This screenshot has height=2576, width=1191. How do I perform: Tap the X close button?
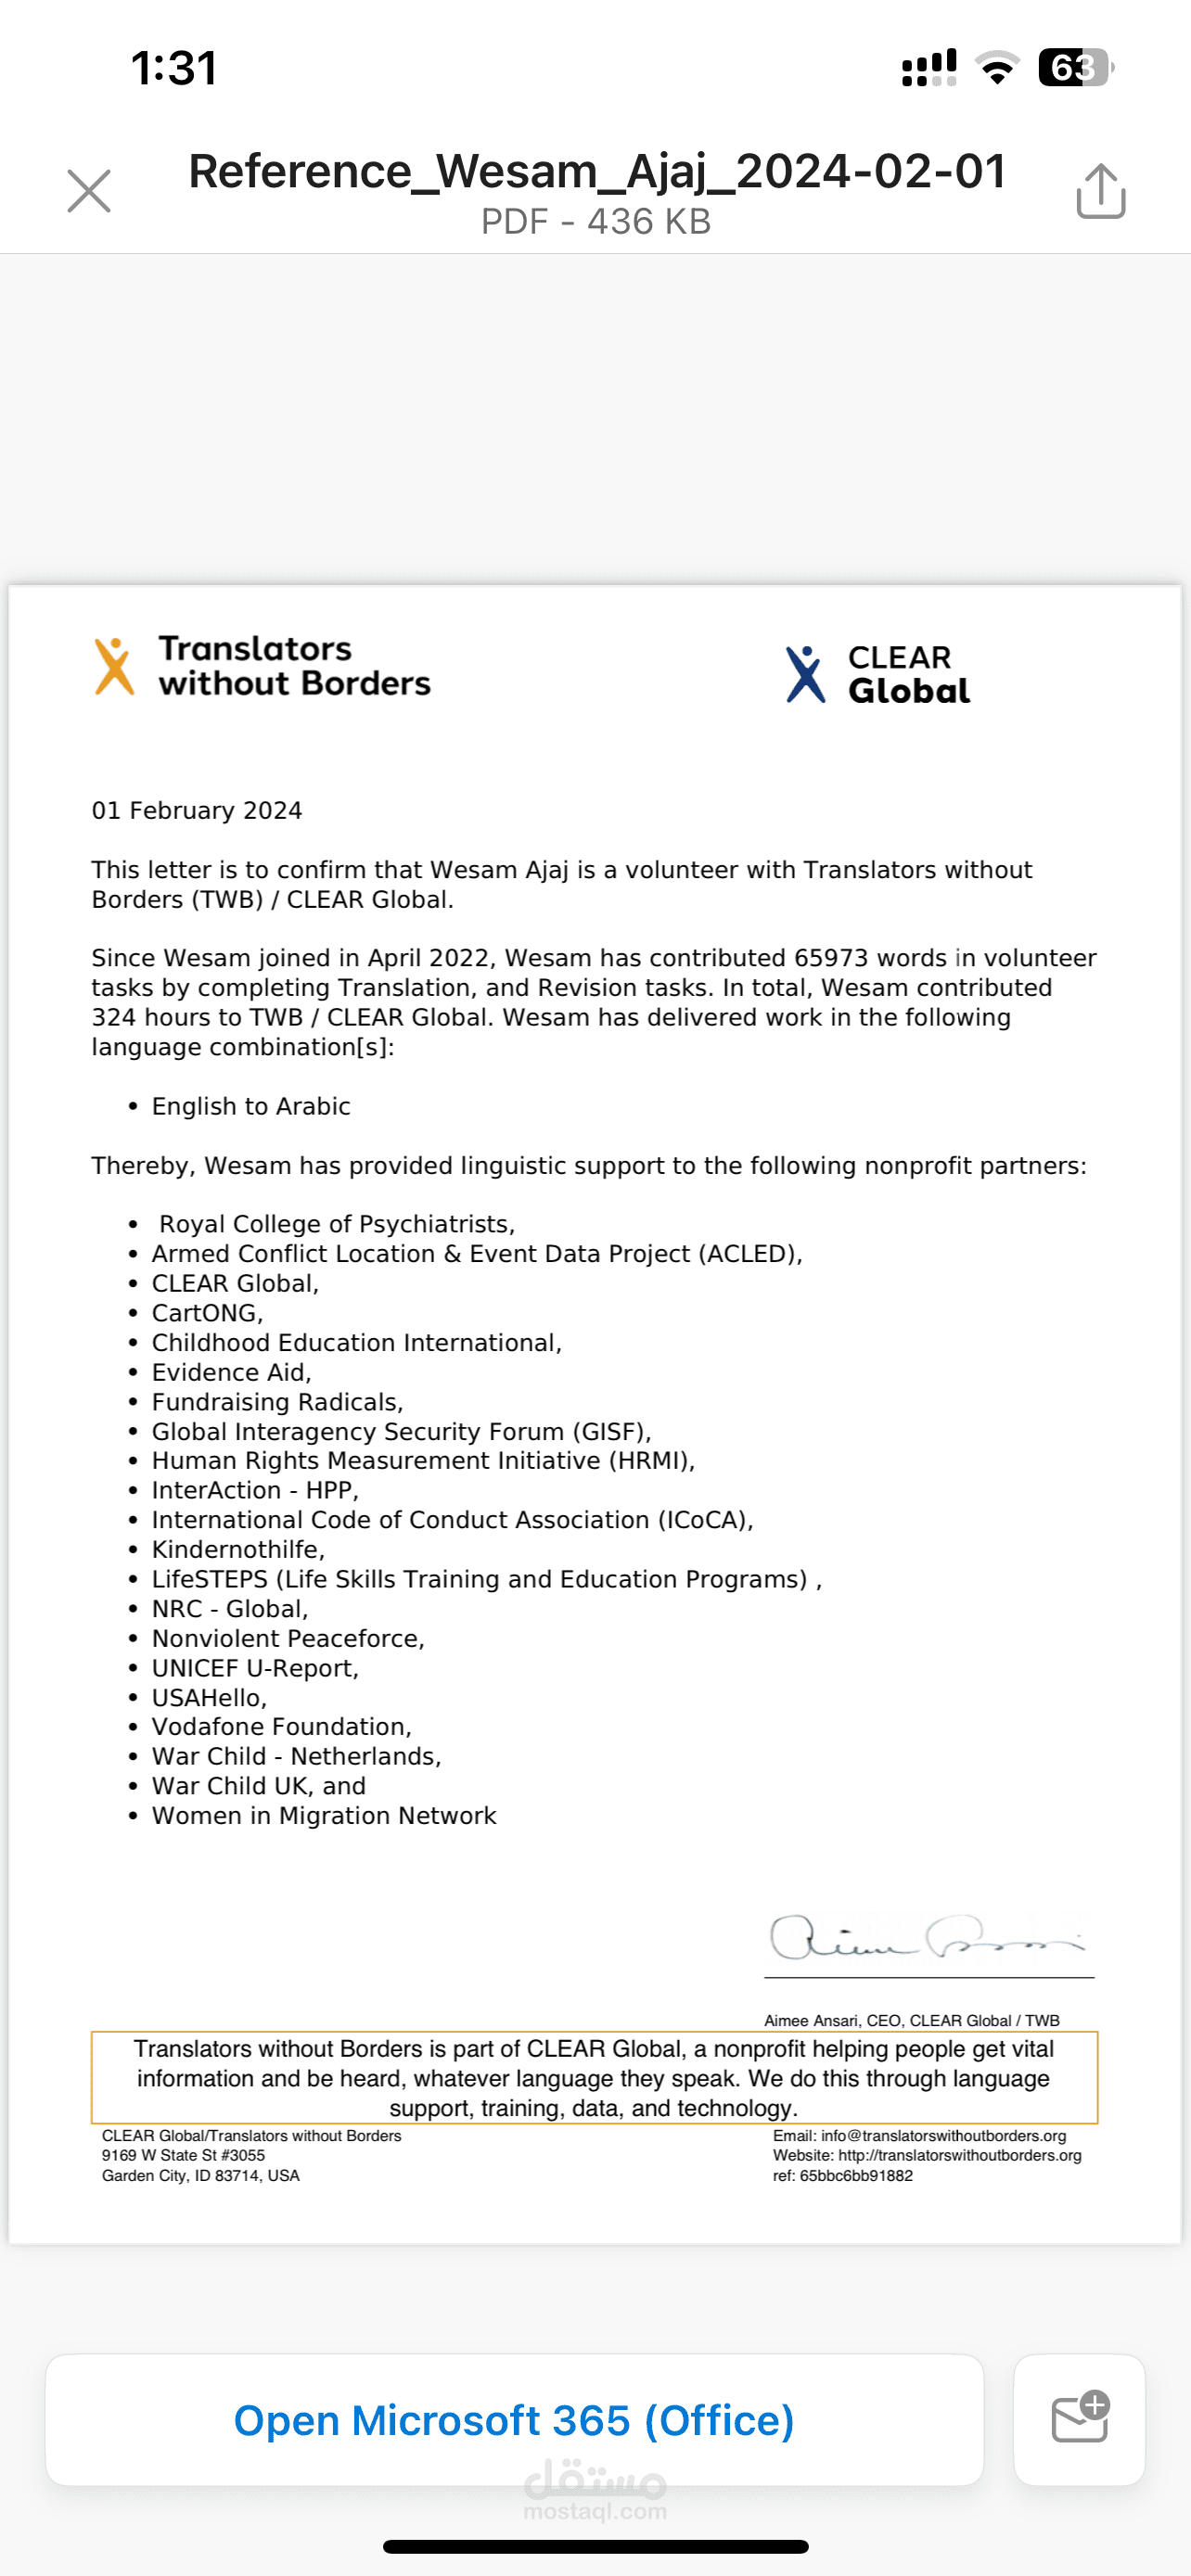tap(89, 191)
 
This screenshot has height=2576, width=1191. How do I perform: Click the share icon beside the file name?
tap(1101, 190)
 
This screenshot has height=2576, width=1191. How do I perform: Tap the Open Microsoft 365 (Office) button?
tap(514, 2420)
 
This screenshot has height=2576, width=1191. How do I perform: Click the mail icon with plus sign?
tap(1080, 2418)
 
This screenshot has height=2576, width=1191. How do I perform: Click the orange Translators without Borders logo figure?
tap(114, 666)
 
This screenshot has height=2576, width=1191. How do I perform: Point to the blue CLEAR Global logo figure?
tap(805, 674)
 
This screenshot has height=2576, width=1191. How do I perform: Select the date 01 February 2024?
tap(197, 810)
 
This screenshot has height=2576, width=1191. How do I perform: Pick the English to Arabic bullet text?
tap(251, 1106)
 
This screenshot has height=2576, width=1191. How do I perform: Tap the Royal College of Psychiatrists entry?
tap(337, 1224)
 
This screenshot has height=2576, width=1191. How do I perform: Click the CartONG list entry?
tap(207, 1313)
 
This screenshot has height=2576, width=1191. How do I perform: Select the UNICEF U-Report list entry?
tap(255, 1668)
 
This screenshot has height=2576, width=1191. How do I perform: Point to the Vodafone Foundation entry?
tap(281, 1727)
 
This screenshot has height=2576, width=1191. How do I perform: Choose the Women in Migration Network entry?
tap(324, 1816)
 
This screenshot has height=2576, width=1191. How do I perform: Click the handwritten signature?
tap(926, 1939)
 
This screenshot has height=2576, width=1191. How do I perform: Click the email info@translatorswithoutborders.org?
tap(943, 2135)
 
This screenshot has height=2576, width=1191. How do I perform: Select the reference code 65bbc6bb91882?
tap(856, 2175)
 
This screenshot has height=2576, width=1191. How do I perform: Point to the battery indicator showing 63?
tap(1074, 67)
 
